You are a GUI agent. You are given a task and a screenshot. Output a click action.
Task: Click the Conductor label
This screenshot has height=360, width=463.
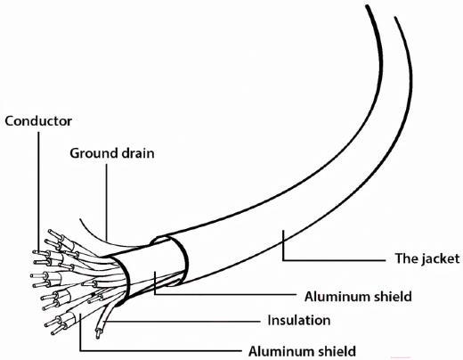(x=38, y=121)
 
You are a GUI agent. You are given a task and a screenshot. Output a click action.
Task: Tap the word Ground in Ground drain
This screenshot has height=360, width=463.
(x=92, y=153)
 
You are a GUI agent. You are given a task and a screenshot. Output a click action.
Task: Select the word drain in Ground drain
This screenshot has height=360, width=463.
(x=135, y=153)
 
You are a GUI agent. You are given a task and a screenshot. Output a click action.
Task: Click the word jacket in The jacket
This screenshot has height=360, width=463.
(x=440, y=258)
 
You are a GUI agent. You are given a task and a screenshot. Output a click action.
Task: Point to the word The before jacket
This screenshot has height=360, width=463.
(x=406, y=258)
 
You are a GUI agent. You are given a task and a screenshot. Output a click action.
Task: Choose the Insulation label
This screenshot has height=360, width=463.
(x=299, y=320)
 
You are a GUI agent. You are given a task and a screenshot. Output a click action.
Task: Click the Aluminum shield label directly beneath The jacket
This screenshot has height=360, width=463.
(x=358, y=297)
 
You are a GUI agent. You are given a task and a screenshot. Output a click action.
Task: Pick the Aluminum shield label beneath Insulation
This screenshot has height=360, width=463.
(x=302, y=351)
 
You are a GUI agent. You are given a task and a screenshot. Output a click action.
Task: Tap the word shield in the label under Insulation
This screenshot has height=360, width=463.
(x=337, y=351)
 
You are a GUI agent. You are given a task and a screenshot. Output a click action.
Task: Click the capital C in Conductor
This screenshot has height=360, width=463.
(x=10, y=121)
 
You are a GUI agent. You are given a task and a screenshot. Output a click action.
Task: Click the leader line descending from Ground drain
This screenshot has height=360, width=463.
(x=107, y=202)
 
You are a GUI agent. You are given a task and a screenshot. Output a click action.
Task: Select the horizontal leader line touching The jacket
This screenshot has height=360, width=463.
(x=334, y=260)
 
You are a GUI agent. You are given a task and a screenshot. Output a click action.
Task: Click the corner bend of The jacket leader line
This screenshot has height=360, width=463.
(x=283, y=260)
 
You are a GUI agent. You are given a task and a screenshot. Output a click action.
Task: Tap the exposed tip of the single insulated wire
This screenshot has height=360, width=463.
(x=98, y=334)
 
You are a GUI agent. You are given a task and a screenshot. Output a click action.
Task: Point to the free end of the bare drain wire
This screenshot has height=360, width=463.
(x=80, y=219)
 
